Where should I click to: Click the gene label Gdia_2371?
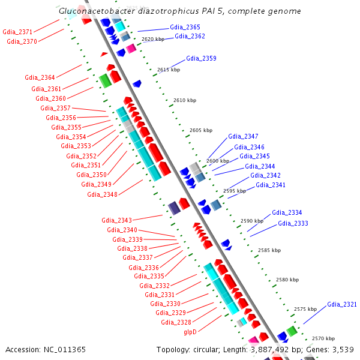point(18,31)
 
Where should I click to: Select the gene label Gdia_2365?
point(185,28)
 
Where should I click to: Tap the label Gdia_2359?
point(201,59)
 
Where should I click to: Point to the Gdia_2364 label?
point(40,77)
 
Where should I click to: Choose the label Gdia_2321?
point(342,305)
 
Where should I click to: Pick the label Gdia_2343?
point(116,221)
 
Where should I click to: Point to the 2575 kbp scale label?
point(305,309)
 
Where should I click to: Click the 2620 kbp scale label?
point(153,39)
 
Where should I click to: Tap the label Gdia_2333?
point(293,224)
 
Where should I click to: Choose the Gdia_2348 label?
point(102,194)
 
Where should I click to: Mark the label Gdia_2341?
point(271,185)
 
